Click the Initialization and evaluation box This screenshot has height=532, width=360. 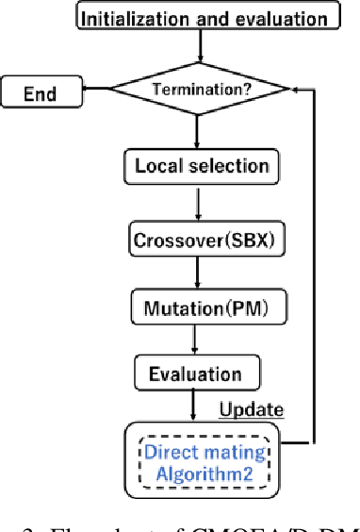[203, 18]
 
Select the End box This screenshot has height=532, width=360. [41, 92]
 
